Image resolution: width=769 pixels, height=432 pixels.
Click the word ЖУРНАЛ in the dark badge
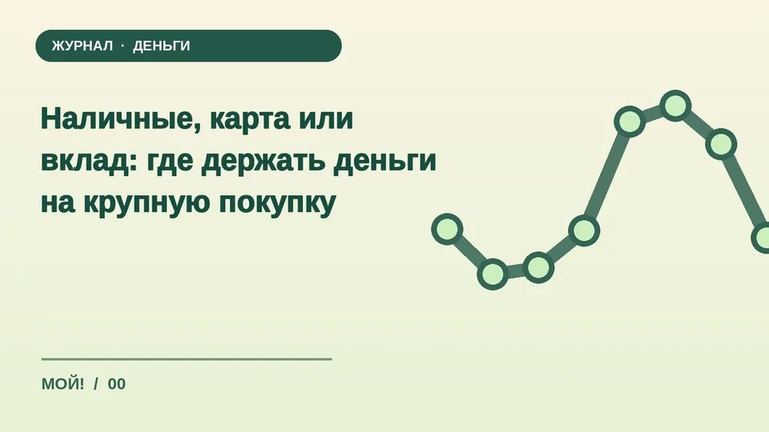(x=83, y=46)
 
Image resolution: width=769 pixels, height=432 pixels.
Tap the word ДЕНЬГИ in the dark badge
(x=161, y=46)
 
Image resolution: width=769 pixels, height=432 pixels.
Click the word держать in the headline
(x=263, y=160)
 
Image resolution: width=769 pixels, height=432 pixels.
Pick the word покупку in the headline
(x=278, y=202)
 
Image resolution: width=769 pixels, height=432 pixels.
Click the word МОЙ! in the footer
(x=62, y=384)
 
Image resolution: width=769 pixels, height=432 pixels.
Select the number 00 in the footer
(x=117, y=384)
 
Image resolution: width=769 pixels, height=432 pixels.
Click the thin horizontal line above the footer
(x=187, y=359)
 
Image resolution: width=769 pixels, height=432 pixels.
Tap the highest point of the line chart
(x=675, y=106)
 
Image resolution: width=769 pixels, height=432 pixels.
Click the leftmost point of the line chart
(x=447, y=229)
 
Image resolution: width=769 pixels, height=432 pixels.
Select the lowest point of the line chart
(x=493, y=274)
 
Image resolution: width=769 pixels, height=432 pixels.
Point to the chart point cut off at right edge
(x=762, y=238)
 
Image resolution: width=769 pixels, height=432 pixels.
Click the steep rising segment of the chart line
(x=606, y=176)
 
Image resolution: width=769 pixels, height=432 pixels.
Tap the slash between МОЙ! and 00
(x=96, y=384)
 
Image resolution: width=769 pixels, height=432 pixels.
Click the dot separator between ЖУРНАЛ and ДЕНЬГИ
(x=123, y=46)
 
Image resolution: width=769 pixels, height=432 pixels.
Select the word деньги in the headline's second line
(x=385, y=160)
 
